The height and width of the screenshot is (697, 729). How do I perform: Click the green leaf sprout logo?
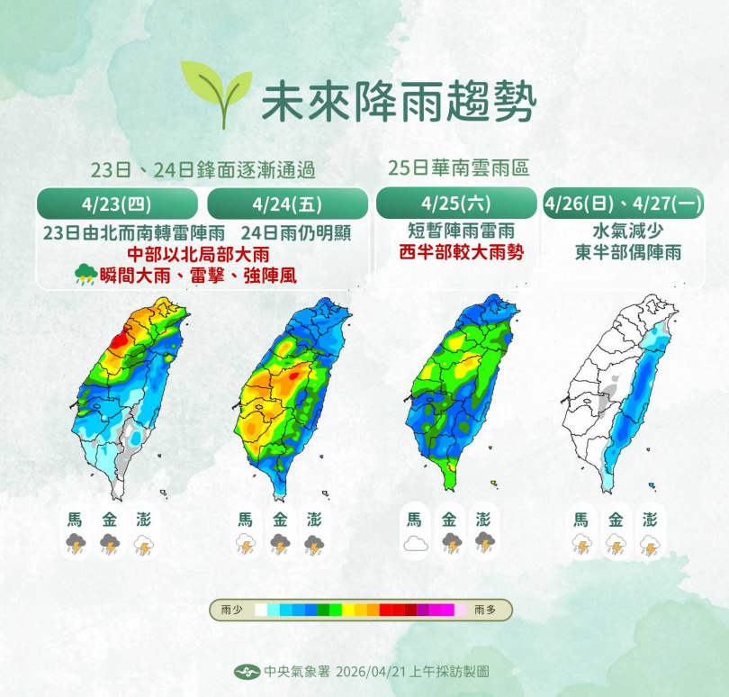coord(215,89)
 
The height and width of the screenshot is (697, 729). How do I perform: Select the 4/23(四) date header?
coord(116,204)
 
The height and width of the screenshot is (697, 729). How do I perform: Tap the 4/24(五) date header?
coord(287,204)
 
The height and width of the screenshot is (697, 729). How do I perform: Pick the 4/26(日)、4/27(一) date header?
coord(623,204)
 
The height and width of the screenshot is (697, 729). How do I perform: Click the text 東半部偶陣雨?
coord(627,252)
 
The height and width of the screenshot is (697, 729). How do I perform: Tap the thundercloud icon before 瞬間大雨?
coord(86,275)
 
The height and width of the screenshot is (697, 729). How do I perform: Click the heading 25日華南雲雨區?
coord(458,167)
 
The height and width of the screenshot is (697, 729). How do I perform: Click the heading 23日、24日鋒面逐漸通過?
coord(203,169)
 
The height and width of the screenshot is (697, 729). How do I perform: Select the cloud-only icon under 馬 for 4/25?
coord(414,542)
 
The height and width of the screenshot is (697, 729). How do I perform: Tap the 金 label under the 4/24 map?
coord(280,520)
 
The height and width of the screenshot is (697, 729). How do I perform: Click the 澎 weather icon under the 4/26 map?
coord(650,545)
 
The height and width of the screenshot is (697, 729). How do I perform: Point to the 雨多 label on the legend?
coord(487,611)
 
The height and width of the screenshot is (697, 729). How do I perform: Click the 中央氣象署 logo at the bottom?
coord(247,672)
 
